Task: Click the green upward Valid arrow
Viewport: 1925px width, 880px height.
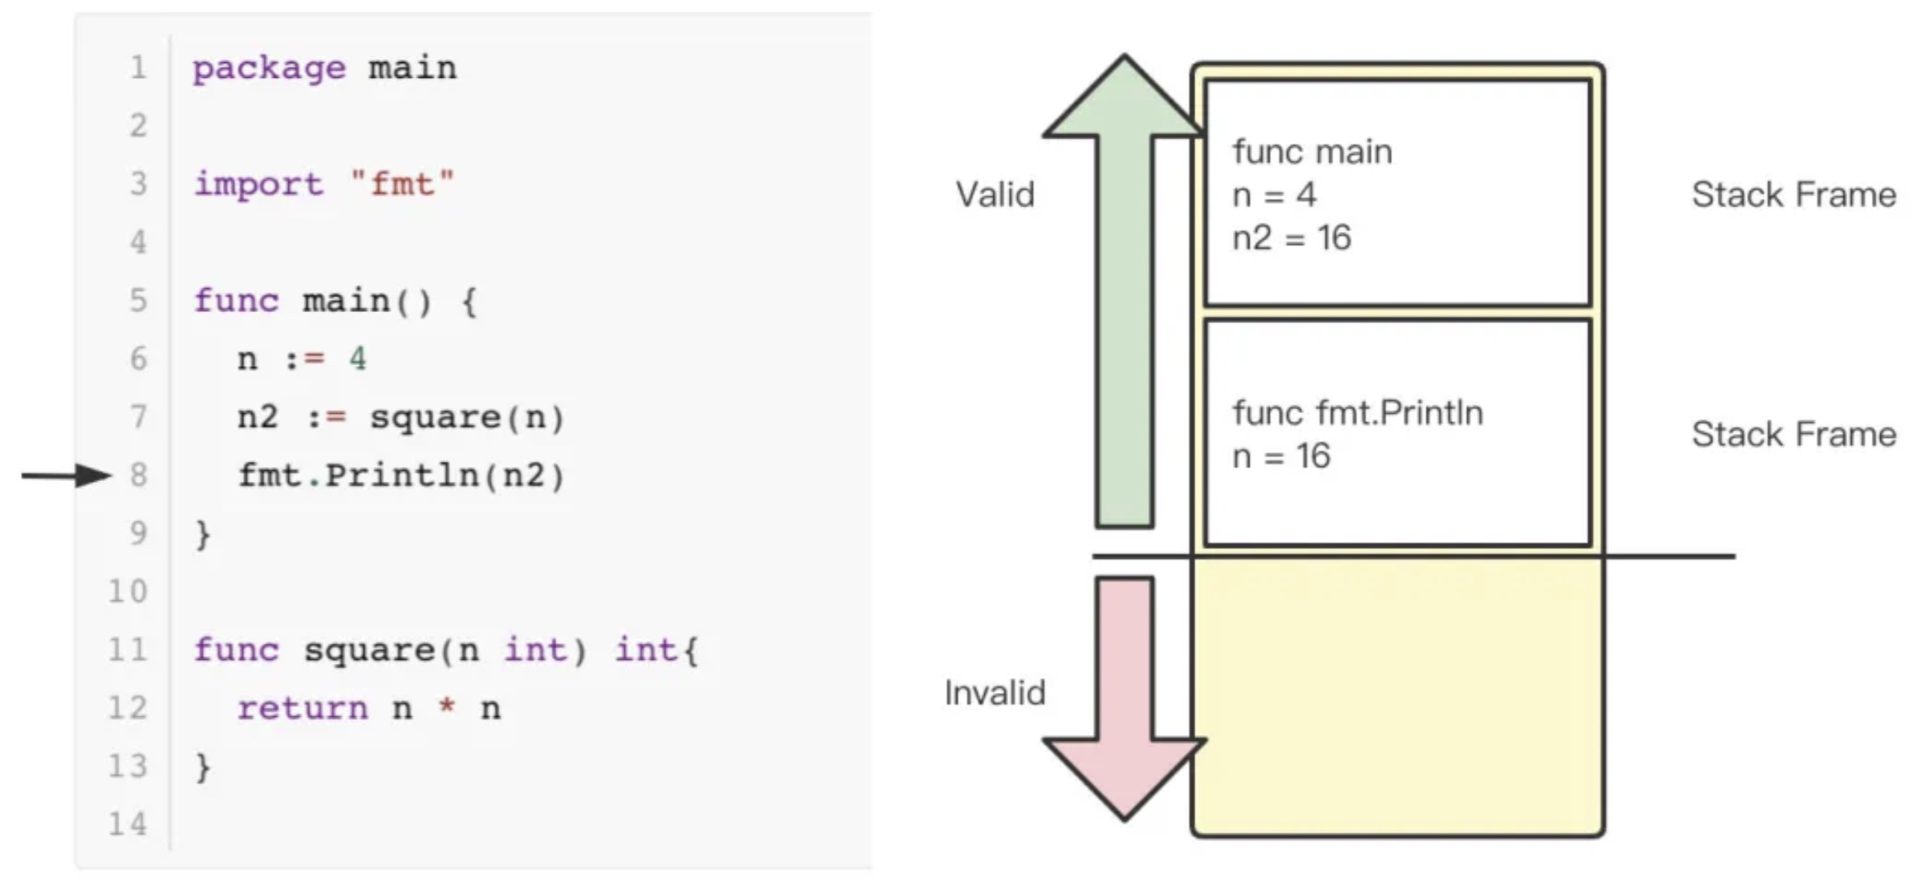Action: (1124, 299)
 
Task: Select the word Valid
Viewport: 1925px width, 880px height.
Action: (995, 195)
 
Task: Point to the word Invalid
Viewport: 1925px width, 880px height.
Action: (995, 693)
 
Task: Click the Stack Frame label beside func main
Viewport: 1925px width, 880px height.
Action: (1794, 195)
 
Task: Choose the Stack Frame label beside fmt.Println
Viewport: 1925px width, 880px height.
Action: (1794, 435)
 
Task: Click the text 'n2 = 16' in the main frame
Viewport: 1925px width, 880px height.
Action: (1292, 239)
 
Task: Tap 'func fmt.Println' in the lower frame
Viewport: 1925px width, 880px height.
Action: (1358, 413)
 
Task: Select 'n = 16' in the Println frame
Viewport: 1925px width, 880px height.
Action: (1281, 456)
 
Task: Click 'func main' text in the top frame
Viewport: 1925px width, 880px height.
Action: (1312, 153)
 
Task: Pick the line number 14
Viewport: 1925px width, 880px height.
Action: (128, 824)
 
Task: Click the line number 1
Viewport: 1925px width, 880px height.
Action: (138, 68)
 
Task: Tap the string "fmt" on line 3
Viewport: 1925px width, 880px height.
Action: (403, 184)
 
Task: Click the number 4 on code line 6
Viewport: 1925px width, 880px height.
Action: (358, 359)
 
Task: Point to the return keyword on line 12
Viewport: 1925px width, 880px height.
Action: (303, 709)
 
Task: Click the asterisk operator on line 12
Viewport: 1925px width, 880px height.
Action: (447, 707)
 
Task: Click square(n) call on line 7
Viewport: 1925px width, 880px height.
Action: (467, 418)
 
